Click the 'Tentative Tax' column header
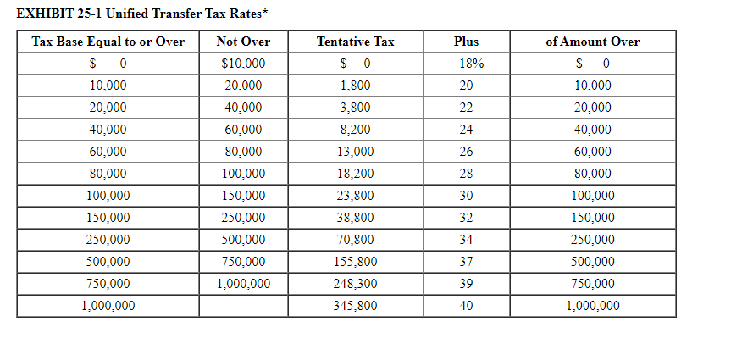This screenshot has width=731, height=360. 355,42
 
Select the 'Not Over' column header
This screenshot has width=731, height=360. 243,42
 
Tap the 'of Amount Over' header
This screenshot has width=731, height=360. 592,42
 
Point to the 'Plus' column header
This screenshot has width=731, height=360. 466,42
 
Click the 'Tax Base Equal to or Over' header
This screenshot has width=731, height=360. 108,42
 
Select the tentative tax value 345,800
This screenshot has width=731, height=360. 355,306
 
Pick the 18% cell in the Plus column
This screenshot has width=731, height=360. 466,64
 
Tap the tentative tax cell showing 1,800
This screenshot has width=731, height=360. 355,86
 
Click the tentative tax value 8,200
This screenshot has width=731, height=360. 355,130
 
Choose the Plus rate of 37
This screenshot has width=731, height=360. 466,262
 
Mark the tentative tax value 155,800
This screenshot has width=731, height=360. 355,262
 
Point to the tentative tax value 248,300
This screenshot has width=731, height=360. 355,284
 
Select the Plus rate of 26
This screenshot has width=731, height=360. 466,152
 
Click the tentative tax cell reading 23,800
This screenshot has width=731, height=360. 355,196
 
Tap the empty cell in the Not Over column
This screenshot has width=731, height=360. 243,306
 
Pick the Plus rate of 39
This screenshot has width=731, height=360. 466,284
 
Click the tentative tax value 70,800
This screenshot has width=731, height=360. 355,240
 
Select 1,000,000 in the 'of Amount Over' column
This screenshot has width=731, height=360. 592,306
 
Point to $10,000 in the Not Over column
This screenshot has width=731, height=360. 243,64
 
